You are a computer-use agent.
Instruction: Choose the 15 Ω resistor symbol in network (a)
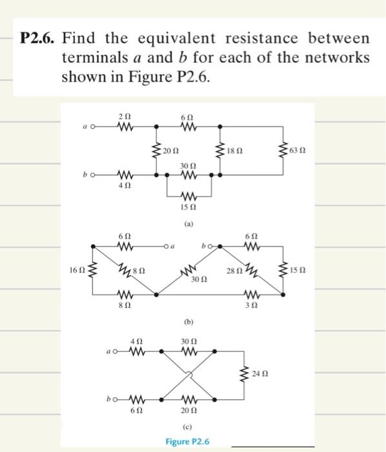188,195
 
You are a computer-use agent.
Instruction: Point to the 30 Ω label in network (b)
199,279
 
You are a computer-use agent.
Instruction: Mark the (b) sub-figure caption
188,321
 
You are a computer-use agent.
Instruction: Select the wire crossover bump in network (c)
188,376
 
